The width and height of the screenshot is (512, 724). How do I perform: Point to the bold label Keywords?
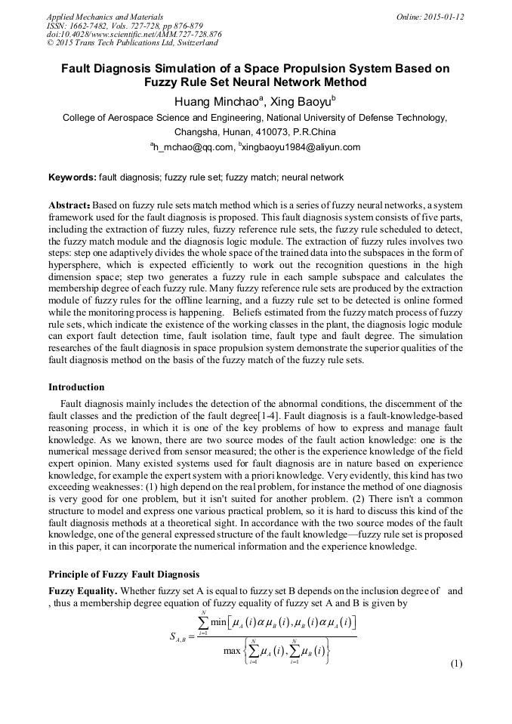tap(72, 177)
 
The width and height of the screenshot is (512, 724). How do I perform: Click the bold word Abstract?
tap(69, 205)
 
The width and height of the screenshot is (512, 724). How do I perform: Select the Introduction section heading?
tap(76, 387)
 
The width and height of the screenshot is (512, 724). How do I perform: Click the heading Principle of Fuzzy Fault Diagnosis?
tap(124, 573)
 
